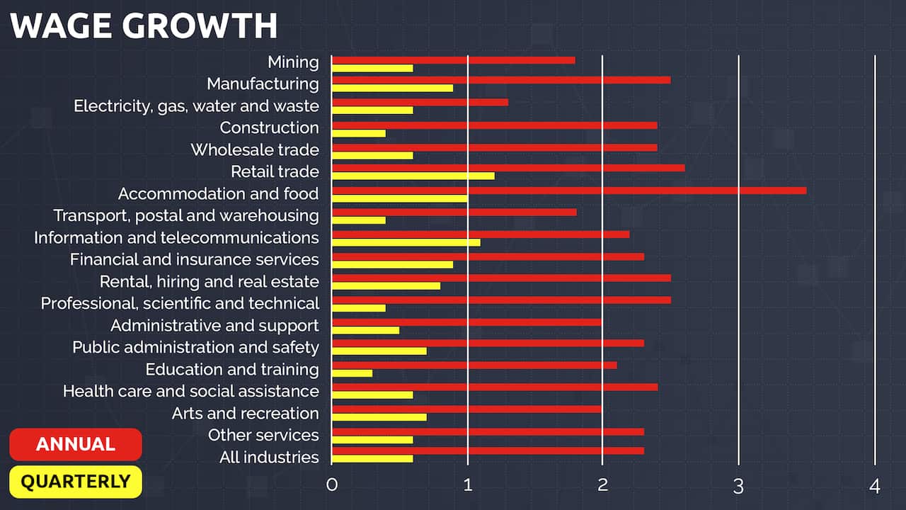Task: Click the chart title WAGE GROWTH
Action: coord(144,25)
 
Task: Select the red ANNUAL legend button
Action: coord(76,444)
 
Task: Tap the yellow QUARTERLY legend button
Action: coord(76,482)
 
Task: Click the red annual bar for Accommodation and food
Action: coord(568,190)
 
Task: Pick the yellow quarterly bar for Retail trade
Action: coord(413,176)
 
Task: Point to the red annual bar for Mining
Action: coord(453,60)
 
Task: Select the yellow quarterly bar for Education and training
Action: coord(352,373)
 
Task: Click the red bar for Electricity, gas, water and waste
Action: coord(420,102)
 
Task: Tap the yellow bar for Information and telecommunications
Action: coord(406,242)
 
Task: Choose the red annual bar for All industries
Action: coord(488,450)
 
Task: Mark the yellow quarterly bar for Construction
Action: coord(359,133)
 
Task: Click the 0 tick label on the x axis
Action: coord(331,486)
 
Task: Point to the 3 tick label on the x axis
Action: coord(738,486)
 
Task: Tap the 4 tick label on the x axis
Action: coord(875,486)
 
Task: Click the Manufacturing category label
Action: coord(263,84)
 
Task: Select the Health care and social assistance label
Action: coord(191,391)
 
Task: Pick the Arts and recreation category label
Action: coord(245,413)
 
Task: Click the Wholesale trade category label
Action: coord(255,149)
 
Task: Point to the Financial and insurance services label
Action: coord(195,259)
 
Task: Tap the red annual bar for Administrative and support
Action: coord(466,322)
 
